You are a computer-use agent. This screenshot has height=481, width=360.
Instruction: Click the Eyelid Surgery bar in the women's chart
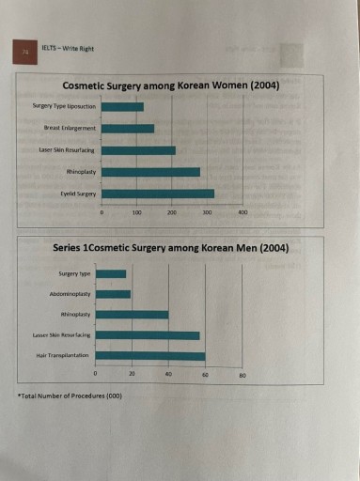click(x=157, y=194)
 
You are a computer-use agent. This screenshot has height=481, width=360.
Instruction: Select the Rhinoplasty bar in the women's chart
click(x=150, y=172)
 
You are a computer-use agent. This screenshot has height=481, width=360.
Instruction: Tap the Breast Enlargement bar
click(x=127, y=128)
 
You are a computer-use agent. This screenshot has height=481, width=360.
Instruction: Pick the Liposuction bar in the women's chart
click(x=122, y=106)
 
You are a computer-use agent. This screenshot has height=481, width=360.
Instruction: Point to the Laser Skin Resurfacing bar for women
click(x=138, y=150)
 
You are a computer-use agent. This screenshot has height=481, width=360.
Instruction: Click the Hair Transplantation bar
click(x=150, y=357)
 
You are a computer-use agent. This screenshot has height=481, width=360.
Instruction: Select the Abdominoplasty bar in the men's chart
click(x=114, y=294)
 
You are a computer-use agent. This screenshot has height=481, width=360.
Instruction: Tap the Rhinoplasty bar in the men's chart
click(x=133, y=315)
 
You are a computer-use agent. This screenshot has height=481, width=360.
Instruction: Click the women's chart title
click(x=182, y=85)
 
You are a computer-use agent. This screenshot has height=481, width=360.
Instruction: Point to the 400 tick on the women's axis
click(x=243, y=213)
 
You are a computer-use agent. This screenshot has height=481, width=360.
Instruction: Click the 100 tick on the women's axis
click(x=137, y=213)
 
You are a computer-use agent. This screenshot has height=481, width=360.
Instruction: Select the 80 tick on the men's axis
click(x=242, y=375)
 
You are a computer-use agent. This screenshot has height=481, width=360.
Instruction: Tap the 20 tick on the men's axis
click(x=133, y=375)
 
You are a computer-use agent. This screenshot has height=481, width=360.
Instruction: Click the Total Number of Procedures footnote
click(x=69, y=396)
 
